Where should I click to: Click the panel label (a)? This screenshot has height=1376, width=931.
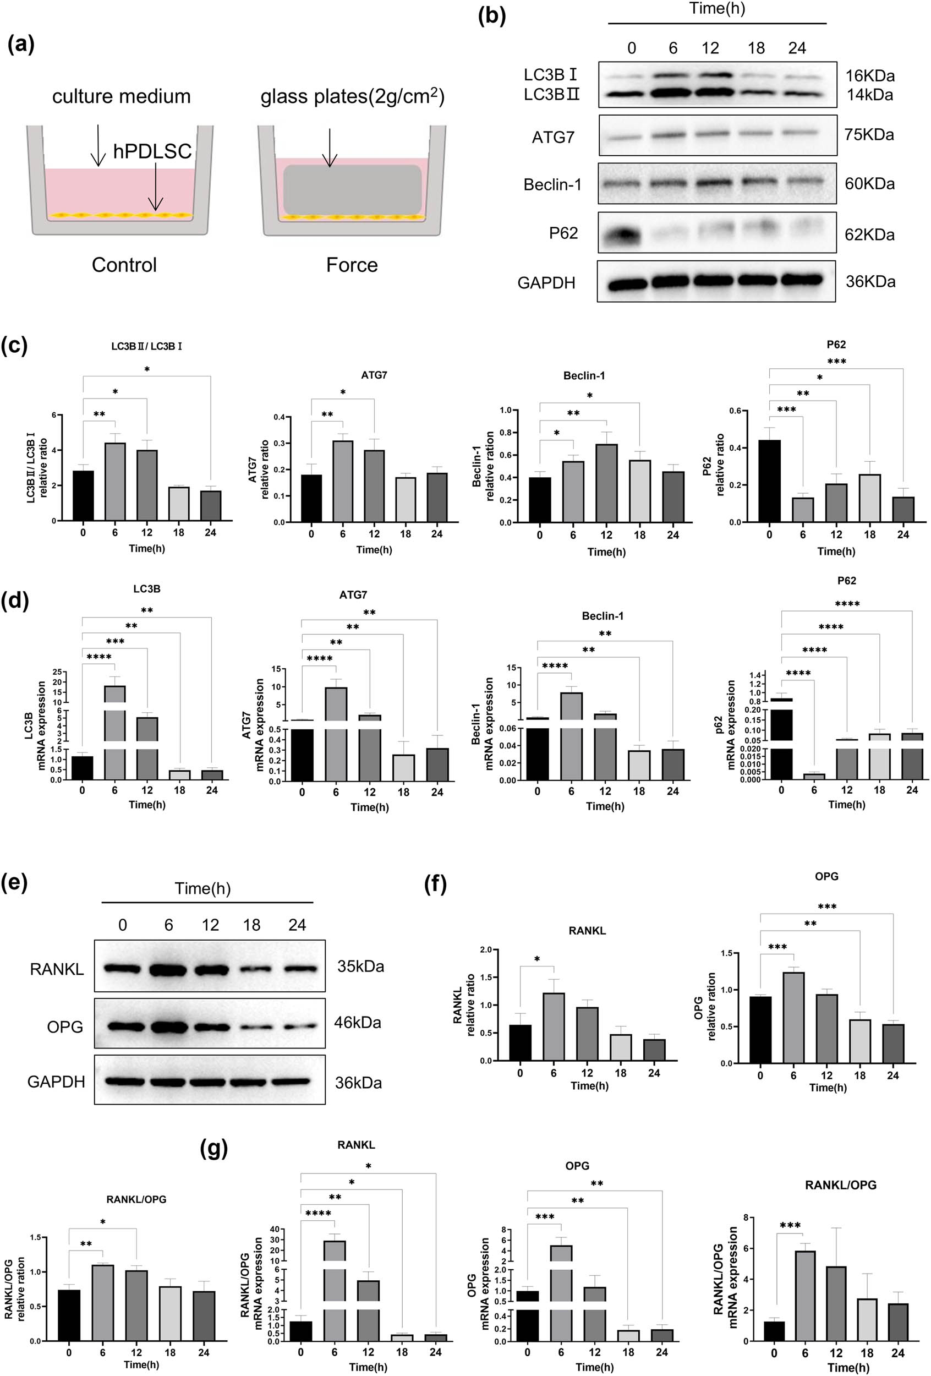pyautogui.click(x=21, y=45)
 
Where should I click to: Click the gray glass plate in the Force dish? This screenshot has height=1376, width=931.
pyautogui.click(x=352, y=189)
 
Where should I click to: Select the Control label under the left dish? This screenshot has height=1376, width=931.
pyautogui.click(x=124, y=265)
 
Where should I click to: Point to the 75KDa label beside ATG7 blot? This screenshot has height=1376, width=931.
pyautogui.click(x=869, y=135)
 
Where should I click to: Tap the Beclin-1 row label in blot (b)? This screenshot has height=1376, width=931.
pyautogui.click(x=552, y=185)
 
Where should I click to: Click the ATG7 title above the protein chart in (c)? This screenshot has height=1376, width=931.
pyautogui.click(x=374, y=375)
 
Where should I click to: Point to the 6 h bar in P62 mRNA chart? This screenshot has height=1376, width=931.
pyautogui.click(x=814, y=776)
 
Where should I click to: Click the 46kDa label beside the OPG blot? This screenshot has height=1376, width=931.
pyautogui.click(x=357, y=1023)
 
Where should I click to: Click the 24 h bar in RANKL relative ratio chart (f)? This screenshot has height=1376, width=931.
pyautogui.click(x=654, y=1049)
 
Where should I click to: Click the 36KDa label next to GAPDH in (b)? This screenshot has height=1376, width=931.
pyautogui.click(x=869, y=282)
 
